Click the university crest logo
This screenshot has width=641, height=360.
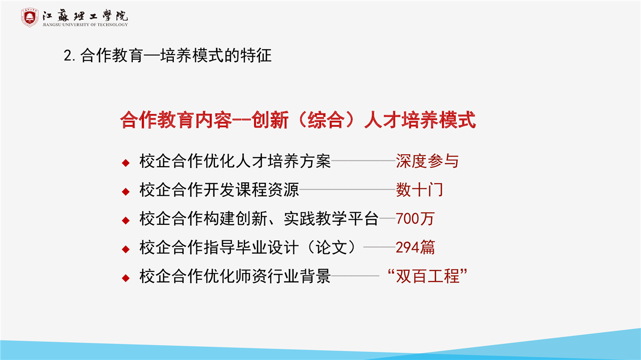[x=30, y=18]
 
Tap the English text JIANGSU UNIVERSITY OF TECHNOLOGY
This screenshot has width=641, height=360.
[x=85, y=25]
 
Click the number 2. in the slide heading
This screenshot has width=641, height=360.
[x=70, y=56]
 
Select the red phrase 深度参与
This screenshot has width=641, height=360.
[x=427, y=161]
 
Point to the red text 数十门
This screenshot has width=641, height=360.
[x=420, y=190]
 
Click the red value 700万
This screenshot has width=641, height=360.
[x=415, y=219]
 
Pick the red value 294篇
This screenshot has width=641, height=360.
[x=415, y=247]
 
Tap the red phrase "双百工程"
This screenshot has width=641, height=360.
[x=427, y=276]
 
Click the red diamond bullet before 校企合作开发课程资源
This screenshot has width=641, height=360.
[x=126, y=191]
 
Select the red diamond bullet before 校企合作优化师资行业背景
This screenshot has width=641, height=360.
[x=126, y=278]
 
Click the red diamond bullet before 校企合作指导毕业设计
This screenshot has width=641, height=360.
[x=126, y=249]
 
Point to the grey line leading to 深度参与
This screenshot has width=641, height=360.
[x=364, y=161]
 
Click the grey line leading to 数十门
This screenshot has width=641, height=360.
[x=348, y=189]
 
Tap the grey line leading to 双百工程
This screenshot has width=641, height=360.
[x=355, y=276]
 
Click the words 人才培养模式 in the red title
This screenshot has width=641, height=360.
[x=420, y=120]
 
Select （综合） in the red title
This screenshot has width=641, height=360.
[x=326, y=120]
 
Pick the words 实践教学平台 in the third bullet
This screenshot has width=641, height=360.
[x=331, y=219]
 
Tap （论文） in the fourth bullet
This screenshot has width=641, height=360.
[x=331, y=247]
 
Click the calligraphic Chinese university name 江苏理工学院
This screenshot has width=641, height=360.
[x=85, y=16]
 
